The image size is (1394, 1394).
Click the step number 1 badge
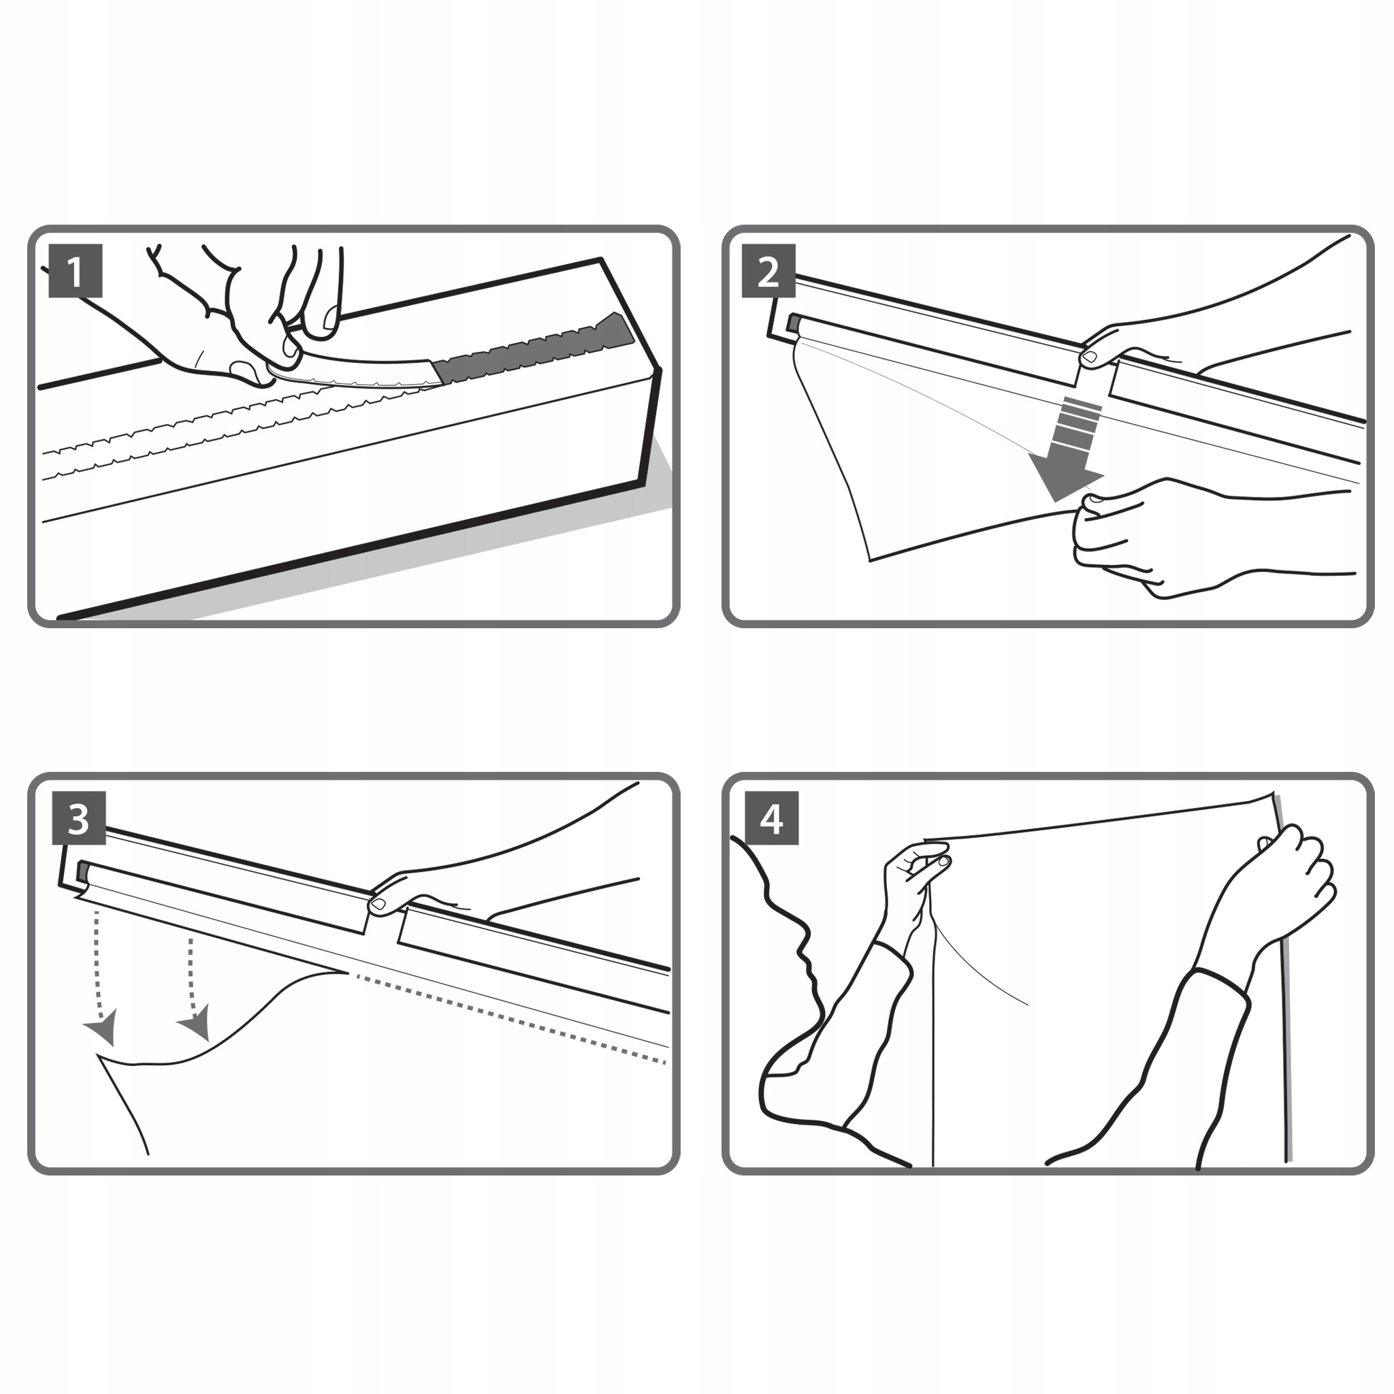coord(75,271)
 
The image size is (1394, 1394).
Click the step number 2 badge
coord(768,271)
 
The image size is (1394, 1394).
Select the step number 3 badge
coord(79,818)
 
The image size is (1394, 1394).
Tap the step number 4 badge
coord(771,818)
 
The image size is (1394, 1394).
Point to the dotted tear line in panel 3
coord(508,1018)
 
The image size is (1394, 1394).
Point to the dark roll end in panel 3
coord(83,872)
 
